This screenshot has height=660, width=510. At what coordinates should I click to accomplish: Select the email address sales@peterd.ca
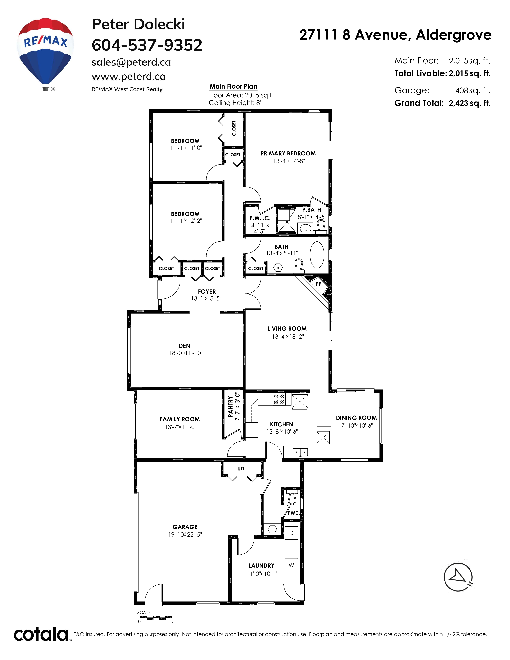click(x=131, y=62)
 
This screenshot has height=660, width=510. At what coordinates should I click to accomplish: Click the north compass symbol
click(x=458, y=577)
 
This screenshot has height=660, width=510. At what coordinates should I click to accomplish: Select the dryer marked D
click(x=291, y=533)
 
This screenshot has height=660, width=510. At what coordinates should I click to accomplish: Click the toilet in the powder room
click(x=292, y=497)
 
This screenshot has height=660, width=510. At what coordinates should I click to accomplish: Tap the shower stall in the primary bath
click(x=286, y=220)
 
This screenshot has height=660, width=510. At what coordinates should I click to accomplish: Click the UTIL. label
click(x=242, y=469)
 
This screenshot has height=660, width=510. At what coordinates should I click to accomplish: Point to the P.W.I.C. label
click(x=260, y=218)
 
